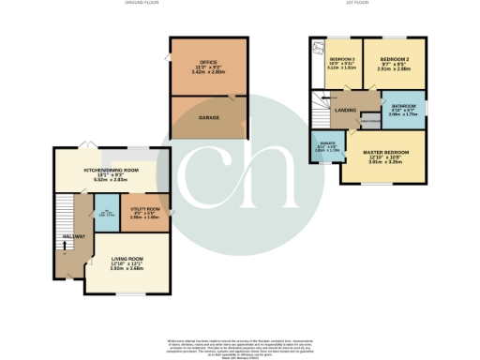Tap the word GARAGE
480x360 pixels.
[x=208, y=118]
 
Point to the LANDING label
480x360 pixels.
[x=355, y=108]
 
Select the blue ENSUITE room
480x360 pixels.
[x=321, y=148]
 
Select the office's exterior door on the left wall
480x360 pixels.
[x=170, y=60]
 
